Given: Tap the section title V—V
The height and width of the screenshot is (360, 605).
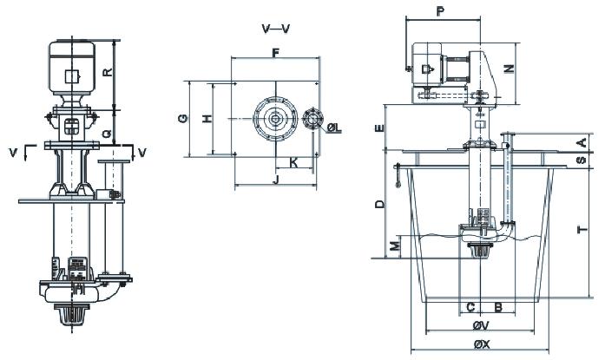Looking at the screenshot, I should point(276,29).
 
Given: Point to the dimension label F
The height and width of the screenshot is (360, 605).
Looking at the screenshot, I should point(274,53).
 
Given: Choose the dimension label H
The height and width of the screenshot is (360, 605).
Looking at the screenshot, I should point(207,120).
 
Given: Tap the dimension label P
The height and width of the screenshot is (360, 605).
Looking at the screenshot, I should point(441,12).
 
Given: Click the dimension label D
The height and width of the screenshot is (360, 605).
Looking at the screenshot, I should point(379,205).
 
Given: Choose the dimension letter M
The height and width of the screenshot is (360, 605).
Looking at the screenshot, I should point(395,246).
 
